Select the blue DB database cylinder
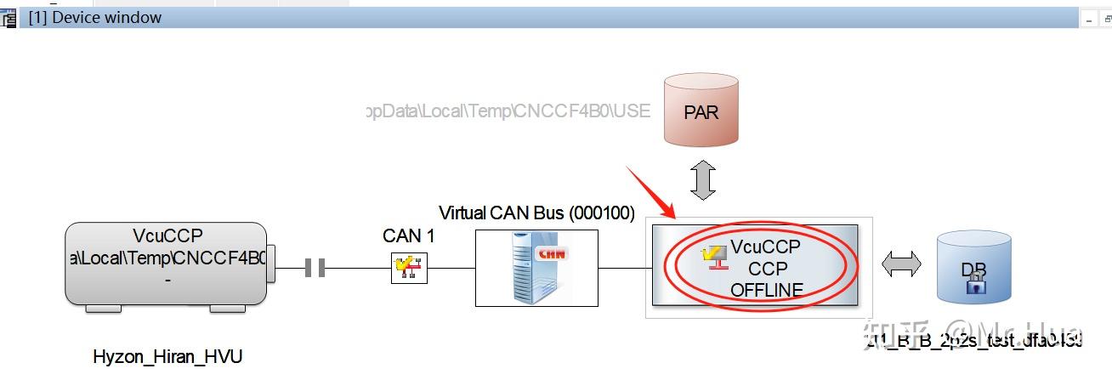[973, 269]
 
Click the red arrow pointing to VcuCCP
[650, 192]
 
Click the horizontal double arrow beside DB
[900, 265]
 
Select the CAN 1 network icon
[409, 267]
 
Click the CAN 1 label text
[408, 236]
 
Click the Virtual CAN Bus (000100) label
[536, 213]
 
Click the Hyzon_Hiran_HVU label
[167, 357]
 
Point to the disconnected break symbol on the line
[315, 269]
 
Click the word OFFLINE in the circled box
[766, 290]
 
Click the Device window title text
[95, 18]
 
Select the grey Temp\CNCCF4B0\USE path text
[507, 111]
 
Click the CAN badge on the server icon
[551, 253]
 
